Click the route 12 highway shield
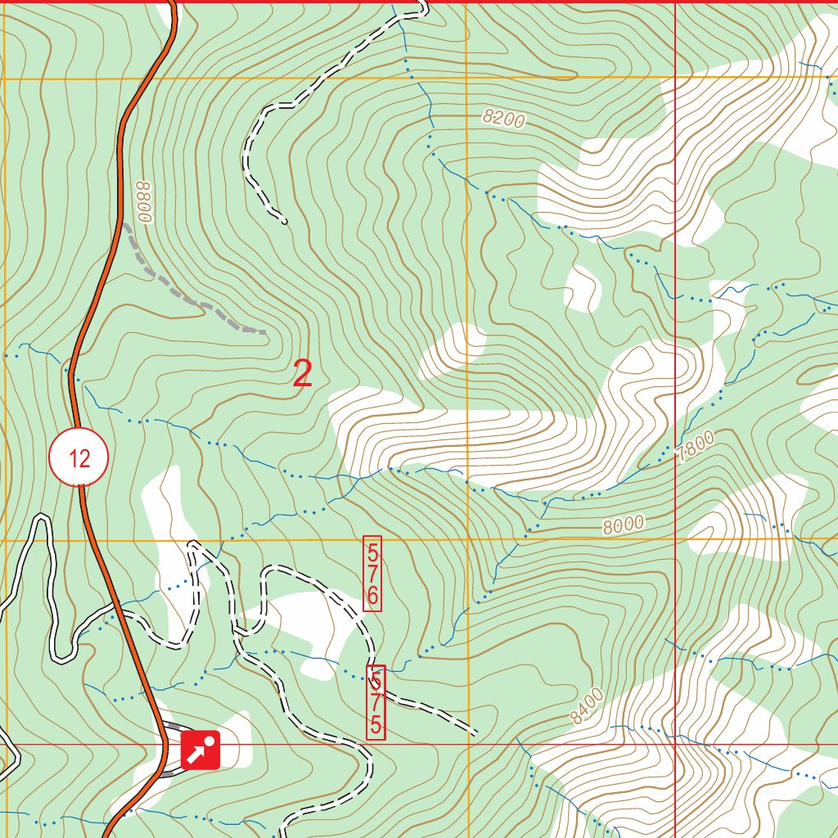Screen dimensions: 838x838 coord(79,457)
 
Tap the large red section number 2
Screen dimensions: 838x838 coord(303,375)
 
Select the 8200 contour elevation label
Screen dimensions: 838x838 coord(503,119)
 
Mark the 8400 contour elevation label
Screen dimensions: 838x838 coord(587,706)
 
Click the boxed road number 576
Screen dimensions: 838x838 coord(372,574)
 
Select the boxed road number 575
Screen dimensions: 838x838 coord(376,701)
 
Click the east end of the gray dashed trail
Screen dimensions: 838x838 coord(264,332)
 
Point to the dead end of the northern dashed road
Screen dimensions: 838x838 coord(284,220)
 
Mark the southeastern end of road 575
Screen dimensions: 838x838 coord(474,731)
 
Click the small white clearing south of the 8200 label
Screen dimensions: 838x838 coord(583,288)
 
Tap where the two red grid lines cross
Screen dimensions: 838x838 coord(675,745)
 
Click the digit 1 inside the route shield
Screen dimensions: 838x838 coord(74,458)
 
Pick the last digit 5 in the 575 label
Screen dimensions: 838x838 coord(376,724)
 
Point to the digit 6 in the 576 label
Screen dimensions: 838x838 coord(372,597)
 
